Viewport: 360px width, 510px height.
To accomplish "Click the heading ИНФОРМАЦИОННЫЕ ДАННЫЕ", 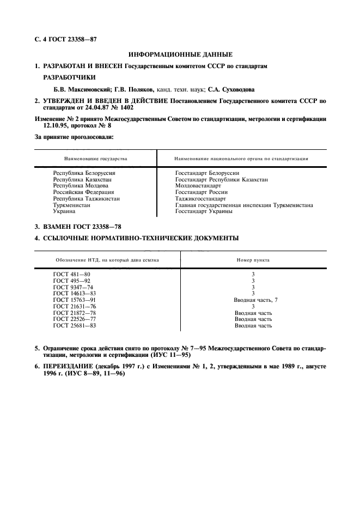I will [180, 54].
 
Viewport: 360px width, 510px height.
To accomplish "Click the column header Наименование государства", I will [95, 159].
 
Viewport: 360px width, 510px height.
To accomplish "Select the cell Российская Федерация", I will [83, 192].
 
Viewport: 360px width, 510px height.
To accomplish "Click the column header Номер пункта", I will [253, 260].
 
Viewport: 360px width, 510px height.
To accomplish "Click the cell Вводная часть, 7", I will [256, 300].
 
